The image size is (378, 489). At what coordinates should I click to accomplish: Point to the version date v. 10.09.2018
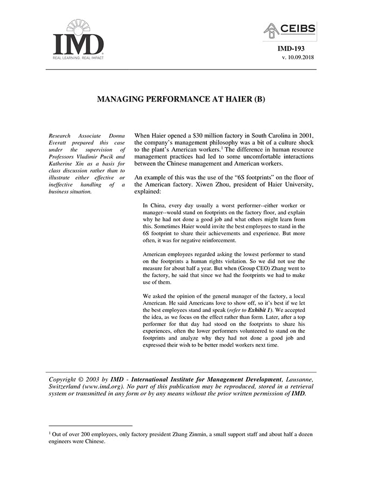click(298, 57)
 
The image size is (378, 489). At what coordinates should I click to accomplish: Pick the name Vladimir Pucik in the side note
click(91, 156)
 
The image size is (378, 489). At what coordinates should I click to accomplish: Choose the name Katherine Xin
click(67, 163)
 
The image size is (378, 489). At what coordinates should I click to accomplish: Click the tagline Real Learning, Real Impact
click(78, 57)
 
